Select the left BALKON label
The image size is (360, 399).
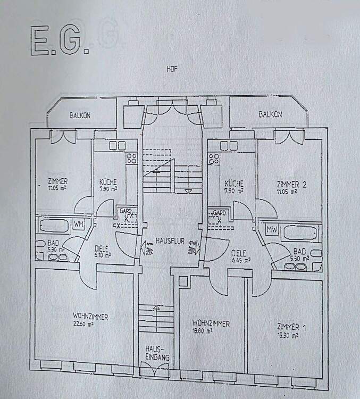point(81,115)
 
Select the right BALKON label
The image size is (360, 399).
point(270,114)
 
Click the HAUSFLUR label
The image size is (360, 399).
point(170,241)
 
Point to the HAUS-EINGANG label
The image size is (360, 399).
point(157,354)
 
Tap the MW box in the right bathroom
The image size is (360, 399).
point(273,229)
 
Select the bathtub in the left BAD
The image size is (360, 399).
point(52,225)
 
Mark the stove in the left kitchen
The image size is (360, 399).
point(131,157)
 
